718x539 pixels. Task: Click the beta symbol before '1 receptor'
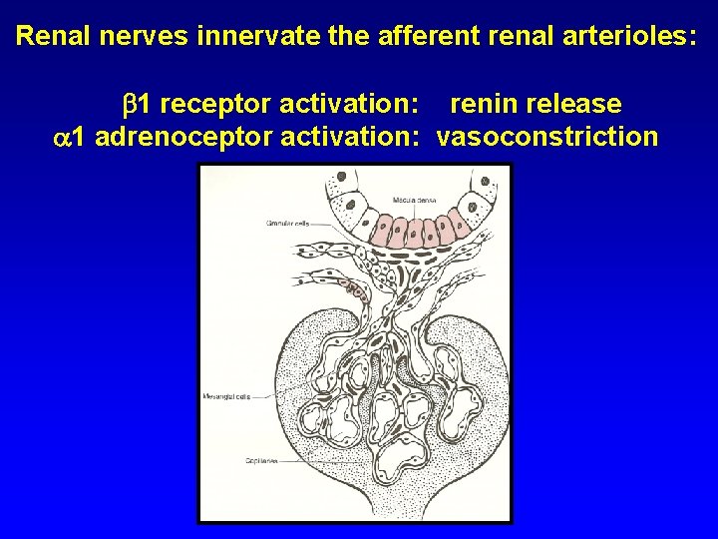tap(128, 104)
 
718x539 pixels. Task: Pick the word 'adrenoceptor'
tap(185, 136)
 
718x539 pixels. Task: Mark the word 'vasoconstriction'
tap(547, 136)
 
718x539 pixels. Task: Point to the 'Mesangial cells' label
tap(226, 396)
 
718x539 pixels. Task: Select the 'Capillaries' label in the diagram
tap(261, 461)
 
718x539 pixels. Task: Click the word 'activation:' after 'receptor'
tap(349, 104)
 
